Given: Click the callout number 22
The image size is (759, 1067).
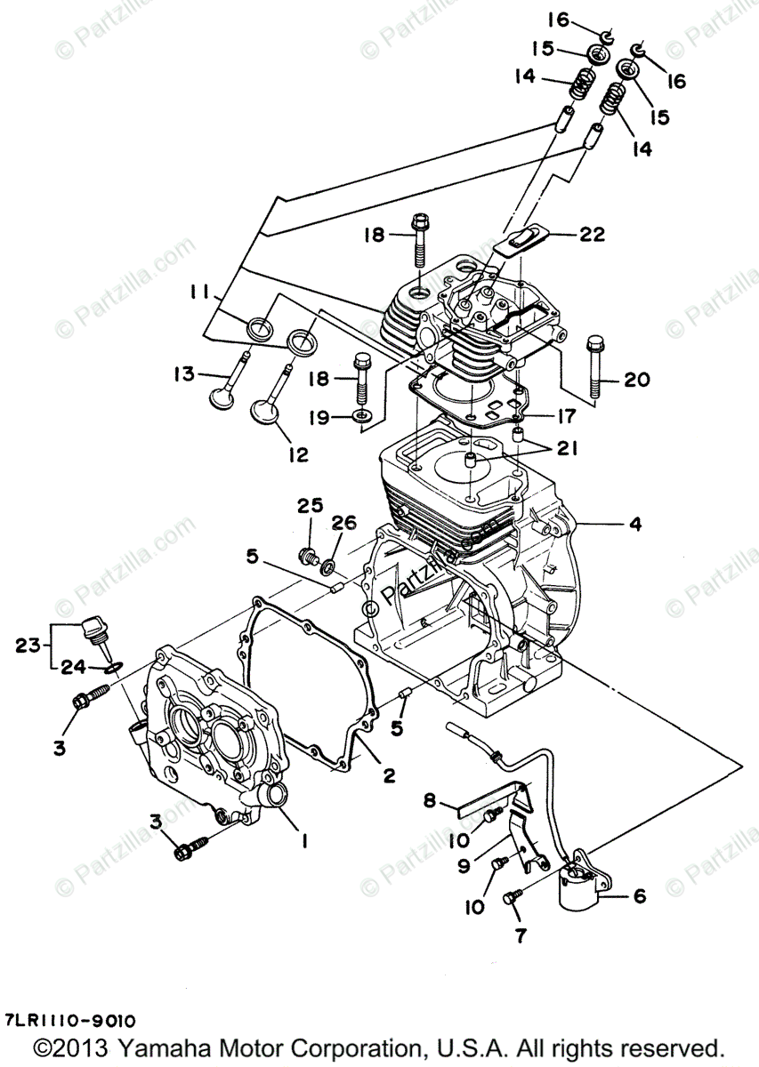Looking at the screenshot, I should pos(592,235).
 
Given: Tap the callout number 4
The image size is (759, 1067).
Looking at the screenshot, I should pos(634,525).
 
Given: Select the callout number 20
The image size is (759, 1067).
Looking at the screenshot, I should pos(637,381).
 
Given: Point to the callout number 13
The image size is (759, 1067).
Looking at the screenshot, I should pos(183,374).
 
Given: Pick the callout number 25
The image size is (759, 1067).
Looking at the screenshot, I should pos(310,507).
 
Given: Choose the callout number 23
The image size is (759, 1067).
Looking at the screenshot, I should pos(28,646).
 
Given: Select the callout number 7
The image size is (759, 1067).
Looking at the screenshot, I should pos(520,935).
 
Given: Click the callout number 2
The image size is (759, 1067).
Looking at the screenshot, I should pos(389,774).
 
